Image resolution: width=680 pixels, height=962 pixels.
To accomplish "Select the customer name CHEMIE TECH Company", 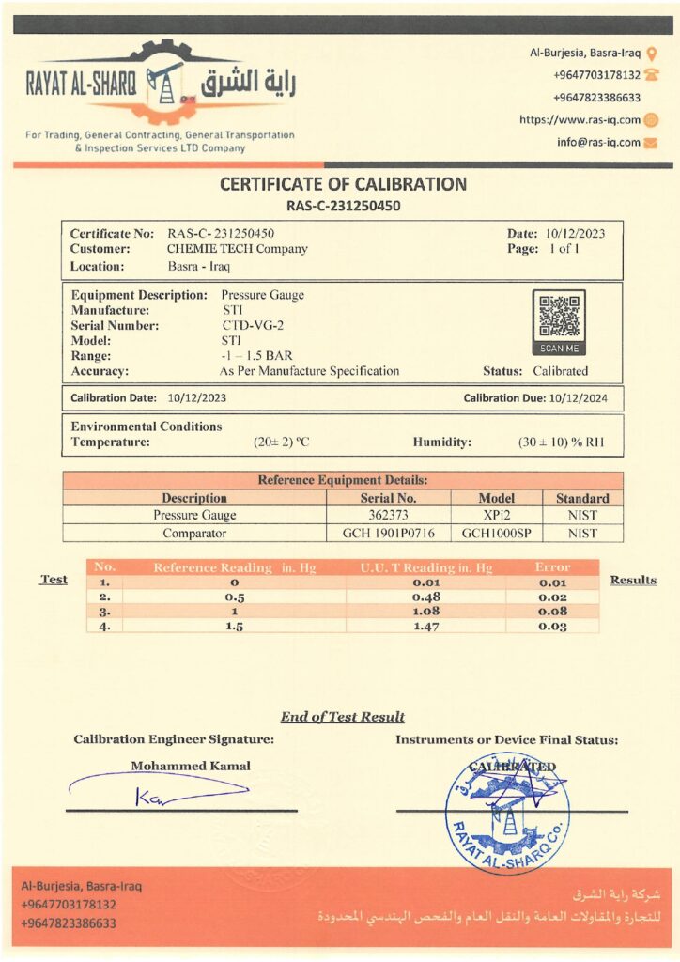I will [237, 249].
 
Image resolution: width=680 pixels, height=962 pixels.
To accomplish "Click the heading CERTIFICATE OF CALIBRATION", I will [343, 184].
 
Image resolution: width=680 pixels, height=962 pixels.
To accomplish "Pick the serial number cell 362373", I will [388, 516].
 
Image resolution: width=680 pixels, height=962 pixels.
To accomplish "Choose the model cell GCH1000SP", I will [497, 533].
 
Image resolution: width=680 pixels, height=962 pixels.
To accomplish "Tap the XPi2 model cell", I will [497, 516].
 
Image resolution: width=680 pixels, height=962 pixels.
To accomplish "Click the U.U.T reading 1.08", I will [427, 611].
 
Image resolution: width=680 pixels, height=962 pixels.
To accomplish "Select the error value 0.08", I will [552, 611].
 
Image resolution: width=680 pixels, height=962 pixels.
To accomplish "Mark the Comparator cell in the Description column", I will [194, 533].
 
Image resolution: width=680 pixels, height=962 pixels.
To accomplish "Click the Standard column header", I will [582, 498].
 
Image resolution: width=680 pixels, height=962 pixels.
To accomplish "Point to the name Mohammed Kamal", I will [191, 766].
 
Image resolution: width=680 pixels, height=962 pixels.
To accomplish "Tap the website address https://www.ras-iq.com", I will [580, 120].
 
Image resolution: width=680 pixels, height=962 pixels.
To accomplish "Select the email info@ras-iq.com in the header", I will [598, 143].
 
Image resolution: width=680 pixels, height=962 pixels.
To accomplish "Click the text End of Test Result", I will [342, 717].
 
